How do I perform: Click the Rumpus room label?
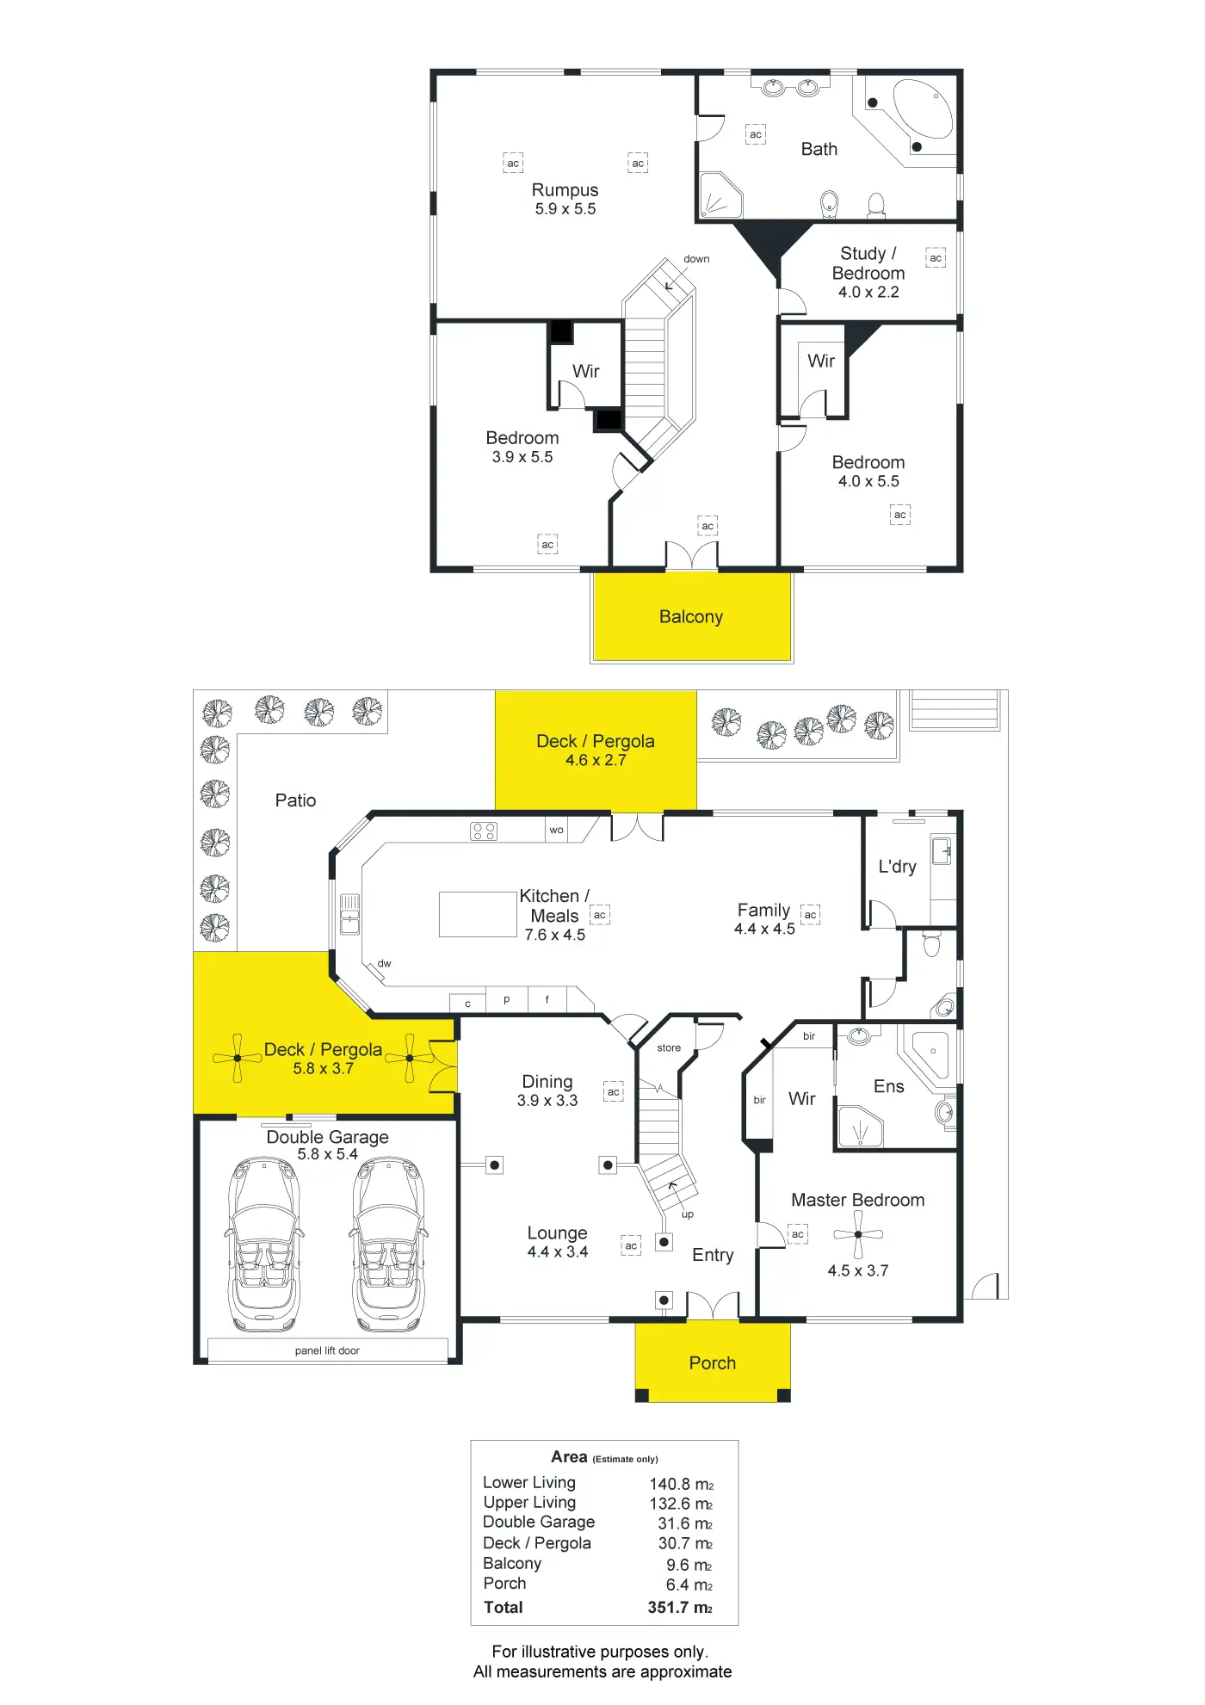pyautogui.click(x=565, y=190)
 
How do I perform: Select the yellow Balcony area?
pyautogui.click(x=691, y=616)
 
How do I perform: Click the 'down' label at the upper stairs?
pyautogui.click(x=696, y=259)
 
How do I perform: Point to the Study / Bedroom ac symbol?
pyautogui.click(x=936, y=258)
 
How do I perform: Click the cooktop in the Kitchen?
pyautogui.click(x=484, y=831)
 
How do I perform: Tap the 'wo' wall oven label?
pyautogui.click(x=557, y=831)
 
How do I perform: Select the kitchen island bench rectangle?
pyautogui.click(x=478, y=914)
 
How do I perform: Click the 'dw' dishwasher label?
pyautogui.click(x=385, y=964)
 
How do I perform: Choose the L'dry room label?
pyautogui.click(x=897, y=867)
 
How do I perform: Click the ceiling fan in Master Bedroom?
pyautogui.click(x=858, y=1234)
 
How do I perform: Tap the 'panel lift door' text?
pyautogui.click(x=327, y=1350)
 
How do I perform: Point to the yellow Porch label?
pyautogui.click(x=713, y=1363)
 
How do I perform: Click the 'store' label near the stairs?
pyautogui.click(x=669, y=1048)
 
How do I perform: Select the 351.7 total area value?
pyautogui.click(x=679, y=1608)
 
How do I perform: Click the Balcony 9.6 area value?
pyautogui.click(x=689, y=1565)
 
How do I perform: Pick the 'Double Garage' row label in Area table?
pyautogui.click(x=539, y=1522)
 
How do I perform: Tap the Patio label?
pyautogui.click(x=295, y=800)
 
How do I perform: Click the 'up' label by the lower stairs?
pyautogui.click(x=688, y=1214)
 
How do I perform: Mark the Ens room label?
pyautogui.click(x=888, y=1087)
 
